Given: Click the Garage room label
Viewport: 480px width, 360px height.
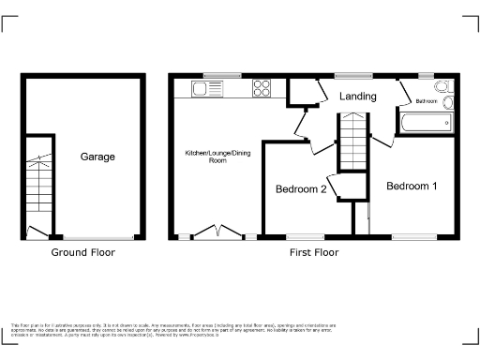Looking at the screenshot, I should tap(97, 157).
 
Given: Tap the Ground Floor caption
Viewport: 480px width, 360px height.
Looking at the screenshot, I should tap(82, 252).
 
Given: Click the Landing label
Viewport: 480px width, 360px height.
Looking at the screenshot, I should tap(358, 97).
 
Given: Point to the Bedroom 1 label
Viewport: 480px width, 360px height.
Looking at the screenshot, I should tap(412, 186).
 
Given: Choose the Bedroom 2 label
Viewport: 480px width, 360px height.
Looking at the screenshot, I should tap(300, 189).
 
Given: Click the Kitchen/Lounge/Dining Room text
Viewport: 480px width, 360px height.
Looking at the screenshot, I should tap(217, 156).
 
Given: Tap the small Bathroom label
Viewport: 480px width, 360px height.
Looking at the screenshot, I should tap(427, 100).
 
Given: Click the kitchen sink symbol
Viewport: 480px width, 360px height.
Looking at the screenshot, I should tap(203, 90).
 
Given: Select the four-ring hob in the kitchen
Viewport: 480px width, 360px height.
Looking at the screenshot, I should tap(262, 90).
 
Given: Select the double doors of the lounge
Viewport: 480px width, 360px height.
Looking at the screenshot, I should tap(217, 231).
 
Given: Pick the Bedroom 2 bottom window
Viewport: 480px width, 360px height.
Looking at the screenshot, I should tap(300, 235).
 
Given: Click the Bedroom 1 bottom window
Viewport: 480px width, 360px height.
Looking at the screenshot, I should tap(412, 235).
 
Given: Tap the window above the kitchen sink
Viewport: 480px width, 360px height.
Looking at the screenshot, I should tap(221, 75).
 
